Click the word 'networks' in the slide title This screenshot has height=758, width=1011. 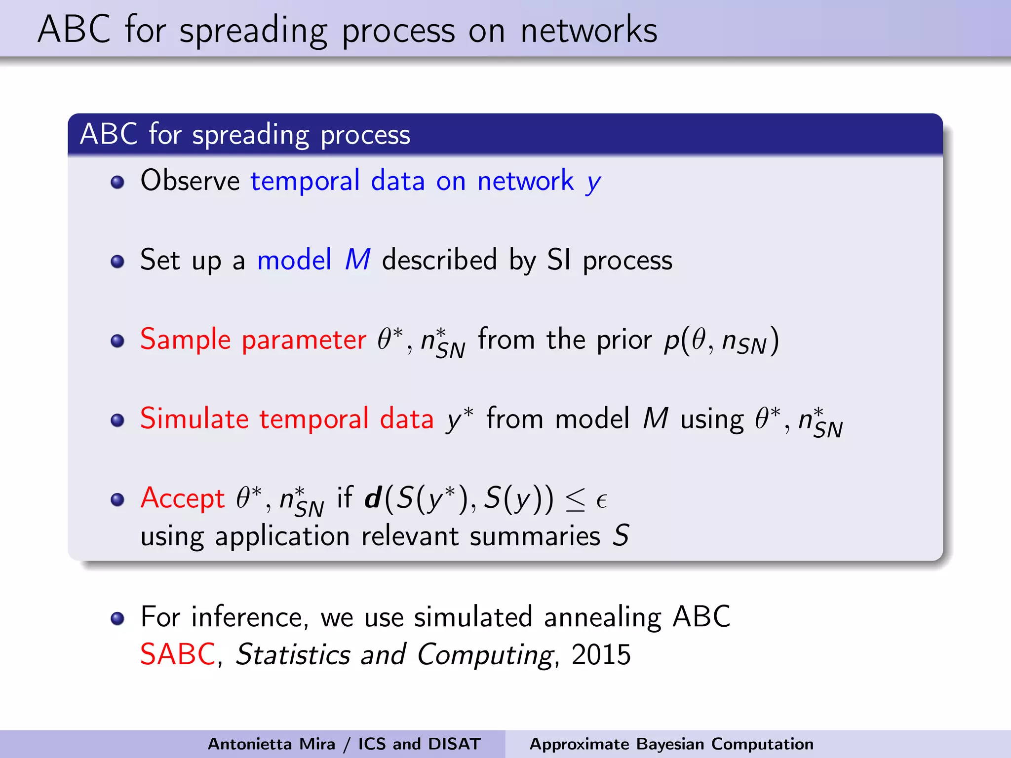588,31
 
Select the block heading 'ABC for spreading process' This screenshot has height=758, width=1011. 245,134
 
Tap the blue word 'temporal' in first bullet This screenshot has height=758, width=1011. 305,181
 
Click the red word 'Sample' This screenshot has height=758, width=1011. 186,340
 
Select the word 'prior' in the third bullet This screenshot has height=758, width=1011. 624,341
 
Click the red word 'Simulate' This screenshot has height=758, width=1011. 194,418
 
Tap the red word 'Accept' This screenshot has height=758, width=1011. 183,498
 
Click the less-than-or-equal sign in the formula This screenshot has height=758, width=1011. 575,500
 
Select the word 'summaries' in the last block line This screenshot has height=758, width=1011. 535,536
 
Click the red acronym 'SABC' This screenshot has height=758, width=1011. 178,655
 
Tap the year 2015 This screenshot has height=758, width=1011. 601,655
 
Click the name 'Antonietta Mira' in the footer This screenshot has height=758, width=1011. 271,744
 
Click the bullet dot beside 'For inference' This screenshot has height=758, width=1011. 117,619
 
